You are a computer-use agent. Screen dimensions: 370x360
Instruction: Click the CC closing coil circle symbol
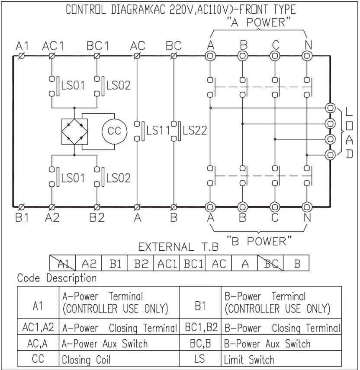point(114,131)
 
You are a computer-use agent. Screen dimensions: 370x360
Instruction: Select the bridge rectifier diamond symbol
point(74,131)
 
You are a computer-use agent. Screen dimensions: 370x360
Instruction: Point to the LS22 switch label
point(195,130)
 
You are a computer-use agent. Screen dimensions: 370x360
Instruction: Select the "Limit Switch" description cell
point(249,360)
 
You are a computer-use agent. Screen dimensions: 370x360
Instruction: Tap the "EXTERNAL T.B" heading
point(178,248)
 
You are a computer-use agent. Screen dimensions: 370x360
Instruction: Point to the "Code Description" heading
point(57,278)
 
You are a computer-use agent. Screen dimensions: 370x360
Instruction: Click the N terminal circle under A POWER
point(307,56)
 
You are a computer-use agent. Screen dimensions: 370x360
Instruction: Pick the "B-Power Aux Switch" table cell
point(267,344)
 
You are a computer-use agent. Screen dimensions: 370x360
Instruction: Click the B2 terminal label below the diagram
point(97,217)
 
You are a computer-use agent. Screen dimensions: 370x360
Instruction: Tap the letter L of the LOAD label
point(349,112)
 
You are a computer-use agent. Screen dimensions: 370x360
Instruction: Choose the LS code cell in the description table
point(199,359)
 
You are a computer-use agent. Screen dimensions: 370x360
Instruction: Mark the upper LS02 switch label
point(118,85)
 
